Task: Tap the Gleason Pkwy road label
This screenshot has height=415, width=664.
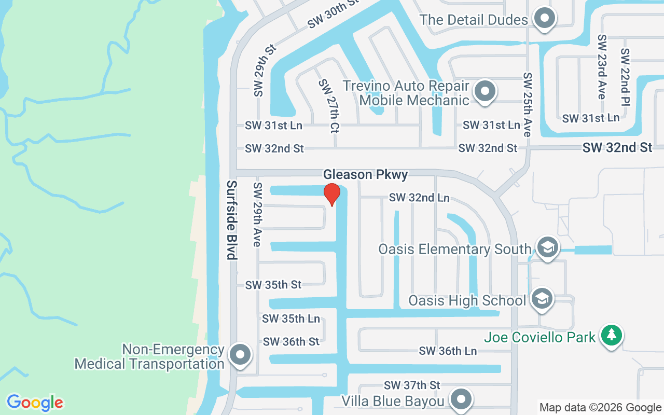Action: pyautogui.click(x=365, y=174)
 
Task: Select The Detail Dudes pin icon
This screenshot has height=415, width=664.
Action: pyautogui.click(x=545, y=20)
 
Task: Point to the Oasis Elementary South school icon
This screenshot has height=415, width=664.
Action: pyautogui.click(x=547, y=248)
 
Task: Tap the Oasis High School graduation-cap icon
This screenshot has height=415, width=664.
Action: pyautogui.click(x=542, y=299)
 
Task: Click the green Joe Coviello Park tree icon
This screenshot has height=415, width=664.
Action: pyautogui.click(x=612, y=335)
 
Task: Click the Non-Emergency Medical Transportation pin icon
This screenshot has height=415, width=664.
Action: pyautogui.click(x=240, y=355)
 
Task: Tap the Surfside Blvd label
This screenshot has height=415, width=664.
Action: pyautogui.click(x=232, y=220)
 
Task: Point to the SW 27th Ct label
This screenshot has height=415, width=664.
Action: pyautogui.click(x=329, y=106)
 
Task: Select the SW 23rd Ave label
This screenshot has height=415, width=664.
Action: pyautogui.click(x=602, y=66)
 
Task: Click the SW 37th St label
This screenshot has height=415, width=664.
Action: pyautogui.click(x=412, y=385)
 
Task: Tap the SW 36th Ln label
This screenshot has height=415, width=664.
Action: pyautogui.click(x=448, y=351)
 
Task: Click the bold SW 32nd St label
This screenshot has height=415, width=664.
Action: pyautogui.click(x=617, y=148)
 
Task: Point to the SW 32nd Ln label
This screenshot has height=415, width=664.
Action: pyautogui.click(x=419, y=198)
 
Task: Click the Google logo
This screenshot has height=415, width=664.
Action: pyautogui.click(x=35, y=402)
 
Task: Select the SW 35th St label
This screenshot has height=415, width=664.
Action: pyautogui.click(x=273, y=285)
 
